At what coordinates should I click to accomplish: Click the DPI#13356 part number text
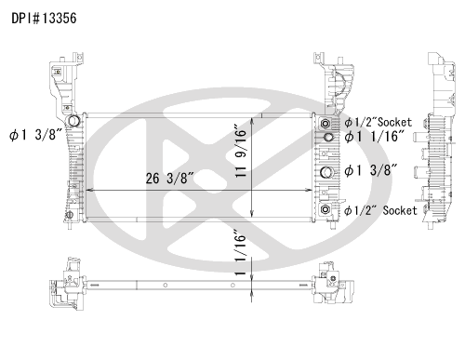44,19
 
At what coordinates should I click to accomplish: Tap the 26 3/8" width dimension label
169,179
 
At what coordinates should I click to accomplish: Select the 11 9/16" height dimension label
241,151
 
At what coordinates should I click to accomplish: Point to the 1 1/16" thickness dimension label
240,253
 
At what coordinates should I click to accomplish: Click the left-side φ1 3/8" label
36,135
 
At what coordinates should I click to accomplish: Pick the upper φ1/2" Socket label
379,123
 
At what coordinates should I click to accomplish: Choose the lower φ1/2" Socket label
380,211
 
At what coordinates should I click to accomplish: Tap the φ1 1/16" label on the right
375,137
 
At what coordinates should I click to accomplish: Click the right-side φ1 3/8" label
371,170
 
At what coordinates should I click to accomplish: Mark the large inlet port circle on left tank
73,120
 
